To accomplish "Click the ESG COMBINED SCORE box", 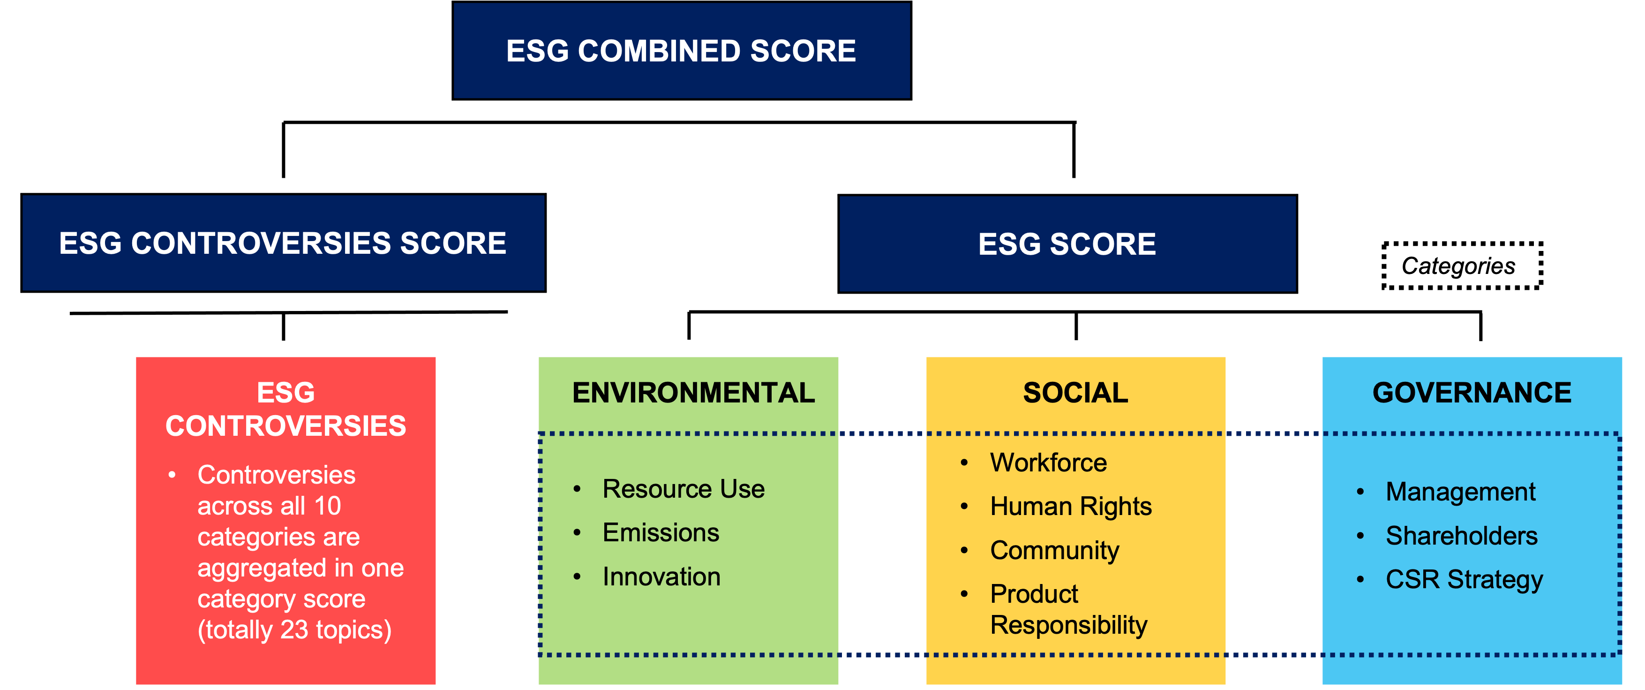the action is (x=681, y=51).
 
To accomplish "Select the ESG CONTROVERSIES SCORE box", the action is (x=284, y=243).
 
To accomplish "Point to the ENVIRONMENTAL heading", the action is (x=693, y=392).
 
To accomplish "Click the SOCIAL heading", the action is (x=1075, y=392).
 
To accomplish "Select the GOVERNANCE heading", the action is (x=1472, y=392).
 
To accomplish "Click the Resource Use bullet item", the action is (x=684, y=489).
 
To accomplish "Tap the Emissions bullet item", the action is (x=661, y=532).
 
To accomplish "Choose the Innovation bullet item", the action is (x=661, y=576).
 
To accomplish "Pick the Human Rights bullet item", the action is (x=1071, y=507).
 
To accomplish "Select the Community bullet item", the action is (x=1055, y=551).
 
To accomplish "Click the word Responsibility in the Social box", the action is (x=1069, y=625).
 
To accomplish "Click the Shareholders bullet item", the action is (x=1462, y=535).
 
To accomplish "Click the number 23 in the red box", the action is (x=294, y=630).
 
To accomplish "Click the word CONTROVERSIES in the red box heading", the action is (x=285, y=425).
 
